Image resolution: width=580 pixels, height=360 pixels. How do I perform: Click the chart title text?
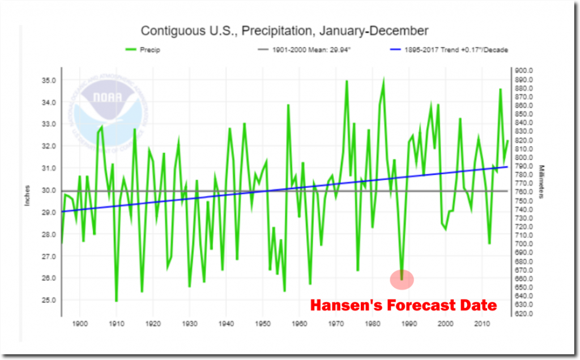pyautogui.click(x=284, y=31)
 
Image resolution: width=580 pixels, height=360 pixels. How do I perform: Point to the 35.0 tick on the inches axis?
pyautogui.click(x=48, y=80)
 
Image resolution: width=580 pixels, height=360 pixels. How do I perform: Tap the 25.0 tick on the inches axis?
pyautogui.click(x=48, y=300)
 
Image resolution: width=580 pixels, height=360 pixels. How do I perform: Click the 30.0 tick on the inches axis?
pyautogui.click(x=48, y=190)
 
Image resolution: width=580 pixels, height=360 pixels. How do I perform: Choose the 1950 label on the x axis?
pyautogui.click(x=262, y=324)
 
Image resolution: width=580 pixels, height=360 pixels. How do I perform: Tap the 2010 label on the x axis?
pyautogui.click(x=482, y=324)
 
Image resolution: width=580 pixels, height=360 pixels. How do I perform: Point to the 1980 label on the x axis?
pyautogui.click(x=372, y=324)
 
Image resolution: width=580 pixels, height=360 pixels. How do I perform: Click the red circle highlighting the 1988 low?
pyautogui.click(x=402, y=279)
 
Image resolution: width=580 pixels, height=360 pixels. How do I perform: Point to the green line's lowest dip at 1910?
pyautogui.click(x=116, y=301)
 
